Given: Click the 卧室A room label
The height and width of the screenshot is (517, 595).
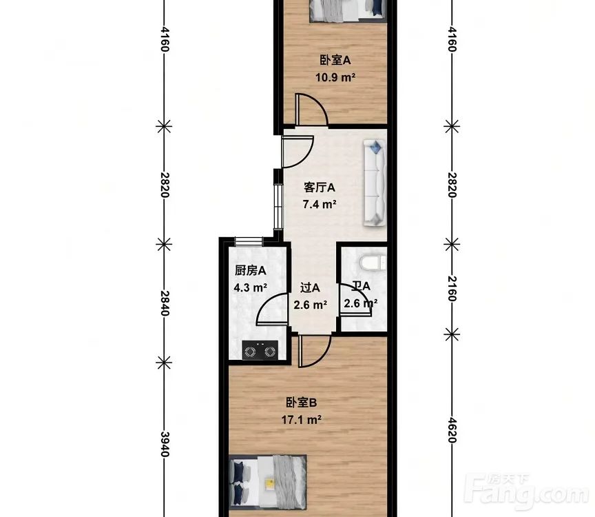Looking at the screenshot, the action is (335, 60).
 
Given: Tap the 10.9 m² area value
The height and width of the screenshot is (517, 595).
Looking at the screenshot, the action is (335, 77).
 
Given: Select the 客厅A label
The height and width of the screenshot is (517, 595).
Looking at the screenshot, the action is (319, 187).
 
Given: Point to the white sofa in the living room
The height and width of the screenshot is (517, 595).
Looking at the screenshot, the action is (375, 183).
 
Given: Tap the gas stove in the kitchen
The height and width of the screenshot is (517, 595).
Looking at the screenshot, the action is (260, 350).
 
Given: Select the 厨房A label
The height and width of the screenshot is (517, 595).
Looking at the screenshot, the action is (250, 270).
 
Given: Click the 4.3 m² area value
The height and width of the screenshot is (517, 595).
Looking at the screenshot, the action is (251, 287).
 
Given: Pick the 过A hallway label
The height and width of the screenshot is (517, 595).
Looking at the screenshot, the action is (310, 287).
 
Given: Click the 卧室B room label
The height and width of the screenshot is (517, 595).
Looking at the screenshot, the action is (301, 403).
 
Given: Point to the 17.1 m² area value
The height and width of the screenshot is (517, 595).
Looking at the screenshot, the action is (302, 420).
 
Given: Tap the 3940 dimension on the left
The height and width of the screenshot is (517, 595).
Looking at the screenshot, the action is (165, 444).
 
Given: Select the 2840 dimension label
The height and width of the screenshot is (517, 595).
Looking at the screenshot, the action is (165, 303).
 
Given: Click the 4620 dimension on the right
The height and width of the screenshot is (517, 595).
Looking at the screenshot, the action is (452, 430).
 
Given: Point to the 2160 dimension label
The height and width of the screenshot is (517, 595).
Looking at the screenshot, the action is (452, 289).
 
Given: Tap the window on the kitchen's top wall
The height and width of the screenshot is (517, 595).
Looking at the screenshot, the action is (249, 241).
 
